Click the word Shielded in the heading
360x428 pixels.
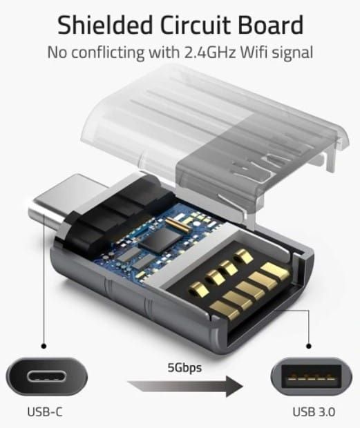(x=105, y=25)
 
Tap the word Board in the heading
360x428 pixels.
(x=271, y=25)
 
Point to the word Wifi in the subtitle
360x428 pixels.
(x=254, y=52)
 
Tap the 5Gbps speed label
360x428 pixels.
(x=184, y=368)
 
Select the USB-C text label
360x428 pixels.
(x=45, y=412)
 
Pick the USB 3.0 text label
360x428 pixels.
(x=314, y=412)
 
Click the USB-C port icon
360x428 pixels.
(x=47, y=377)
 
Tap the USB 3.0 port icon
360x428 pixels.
(x=312, y=377)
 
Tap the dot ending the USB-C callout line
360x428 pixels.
(x=44, y=346)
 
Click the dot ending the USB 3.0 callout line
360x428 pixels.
(x=309, y=346)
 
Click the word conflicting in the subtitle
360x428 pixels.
(x=108, y=52)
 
